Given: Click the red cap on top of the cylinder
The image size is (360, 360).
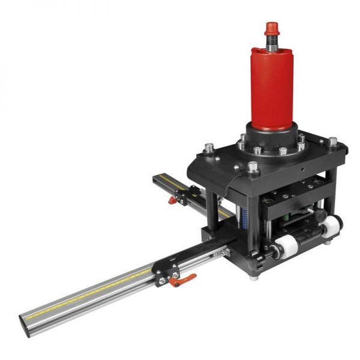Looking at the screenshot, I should (x=272, y=29).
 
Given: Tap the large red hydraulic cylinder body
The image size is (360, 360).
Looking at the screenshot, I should (x=272, y=88).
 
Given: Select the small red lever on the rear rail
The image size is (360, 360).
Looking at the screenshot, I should (x=172, y=199).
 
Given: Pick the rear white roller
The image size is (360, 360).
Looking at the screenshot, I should (x=331, y=226).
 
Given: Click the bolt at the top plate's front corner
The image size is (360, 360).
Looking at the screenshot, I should (x=252, y=167).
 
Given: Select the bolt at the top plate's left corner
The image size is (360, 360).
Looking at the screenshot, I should (x=208, y=148).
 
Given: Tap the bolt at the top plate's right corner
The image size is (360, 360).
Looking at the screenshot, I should (x=332, y=142).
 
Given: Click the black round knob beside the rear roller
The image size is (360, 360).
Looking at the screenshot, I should (x=318, y=215).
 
